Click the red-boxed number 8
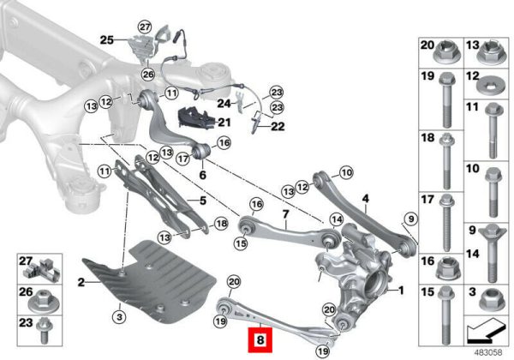pyautogui.click(x=260, y=340)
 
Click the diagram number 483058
pyautogui.click(x=488, y=353)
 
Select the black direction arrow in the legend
pyautogui.click(x=485, y=331)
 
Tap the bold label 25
pyautogui.click(x=106, y=40)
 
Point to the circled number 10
pyautogui.click(x=347, y=172)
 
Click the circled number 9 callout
pyautogui.click(x=411, y=219)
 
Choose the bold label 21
pyautogui.click(x=224, y=123)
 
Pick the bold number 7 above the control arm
pyautogui.click(x=285, y=214)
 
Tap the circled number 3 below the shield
pyautogui.click(x=119, y=317)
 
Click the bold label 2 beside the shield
pyautogui.click(x=81, y=282)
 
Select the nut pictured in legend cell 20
pyautogui.click(x=447, y=54)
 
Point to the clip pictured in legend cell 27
pyautogui.click(x=43, y=269)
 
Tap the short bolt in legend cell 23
pyautogui.click(x=43, y=331)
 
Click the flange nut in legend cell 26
pyautogui.click(x=43, y=303)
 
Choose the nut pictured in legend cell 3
pyautogui.click(x=492, y=300)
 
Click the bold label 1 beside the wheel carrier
pyautogui.click(x=401, y=291)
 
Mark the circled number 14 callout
pyautogui.click(x=337, y=219)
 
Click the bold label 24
pyautogui.click(x=224, y=104)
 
